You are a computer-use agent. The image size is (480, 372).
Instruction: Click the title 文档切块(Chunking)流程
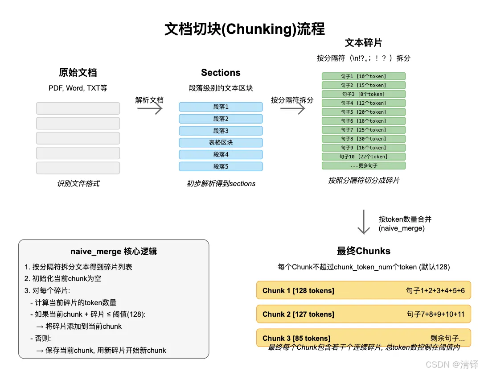click(x=245, y=29)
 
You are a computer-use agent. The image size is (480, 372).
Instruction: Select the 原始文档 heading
click(x=78, y=73)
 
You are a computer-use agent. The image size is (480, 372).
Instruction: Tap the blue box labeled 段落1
click(x=221, y=107)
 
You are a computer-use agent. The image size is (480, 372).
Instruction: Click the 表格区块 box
click(x=221, y=143)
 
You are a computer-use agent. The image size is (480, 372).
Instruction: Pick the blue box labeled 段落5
click(x=221, y=166)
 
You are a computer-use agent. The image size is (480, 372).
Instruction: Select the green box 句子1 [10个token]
click(x=363, y=76)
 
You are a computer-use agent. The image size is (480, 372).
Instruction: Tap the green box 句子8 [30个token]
click(x=363, y=139)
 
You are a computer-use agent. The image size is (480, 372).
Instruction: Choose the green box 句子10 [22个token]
click(x=363, y=157)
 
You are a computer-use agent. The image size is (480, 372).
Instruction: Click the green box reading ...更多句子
click(x=363, y=165)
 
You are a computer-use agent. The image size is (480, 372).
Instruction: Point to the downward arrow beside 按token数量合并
click(x=364, y=222)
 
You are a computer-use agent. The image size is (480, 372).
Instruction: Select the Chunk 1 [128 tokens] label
click(x=298, y=290)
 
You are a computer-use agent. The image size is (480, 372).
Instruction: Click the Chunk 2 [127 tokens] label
click(x=298, y=314)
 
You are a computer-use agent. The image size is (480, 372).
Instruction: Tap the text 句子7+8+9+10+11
click(x=435, y=314)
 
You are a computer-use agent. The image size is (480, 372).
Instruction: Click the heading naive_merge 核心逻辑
click(x=114, y=252)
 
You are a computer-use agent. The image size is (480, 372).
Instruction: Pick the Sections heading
click(x=221, y=73)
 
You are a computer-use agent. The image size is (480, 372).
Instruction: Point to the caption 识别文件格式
click(x=78, y=183)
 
